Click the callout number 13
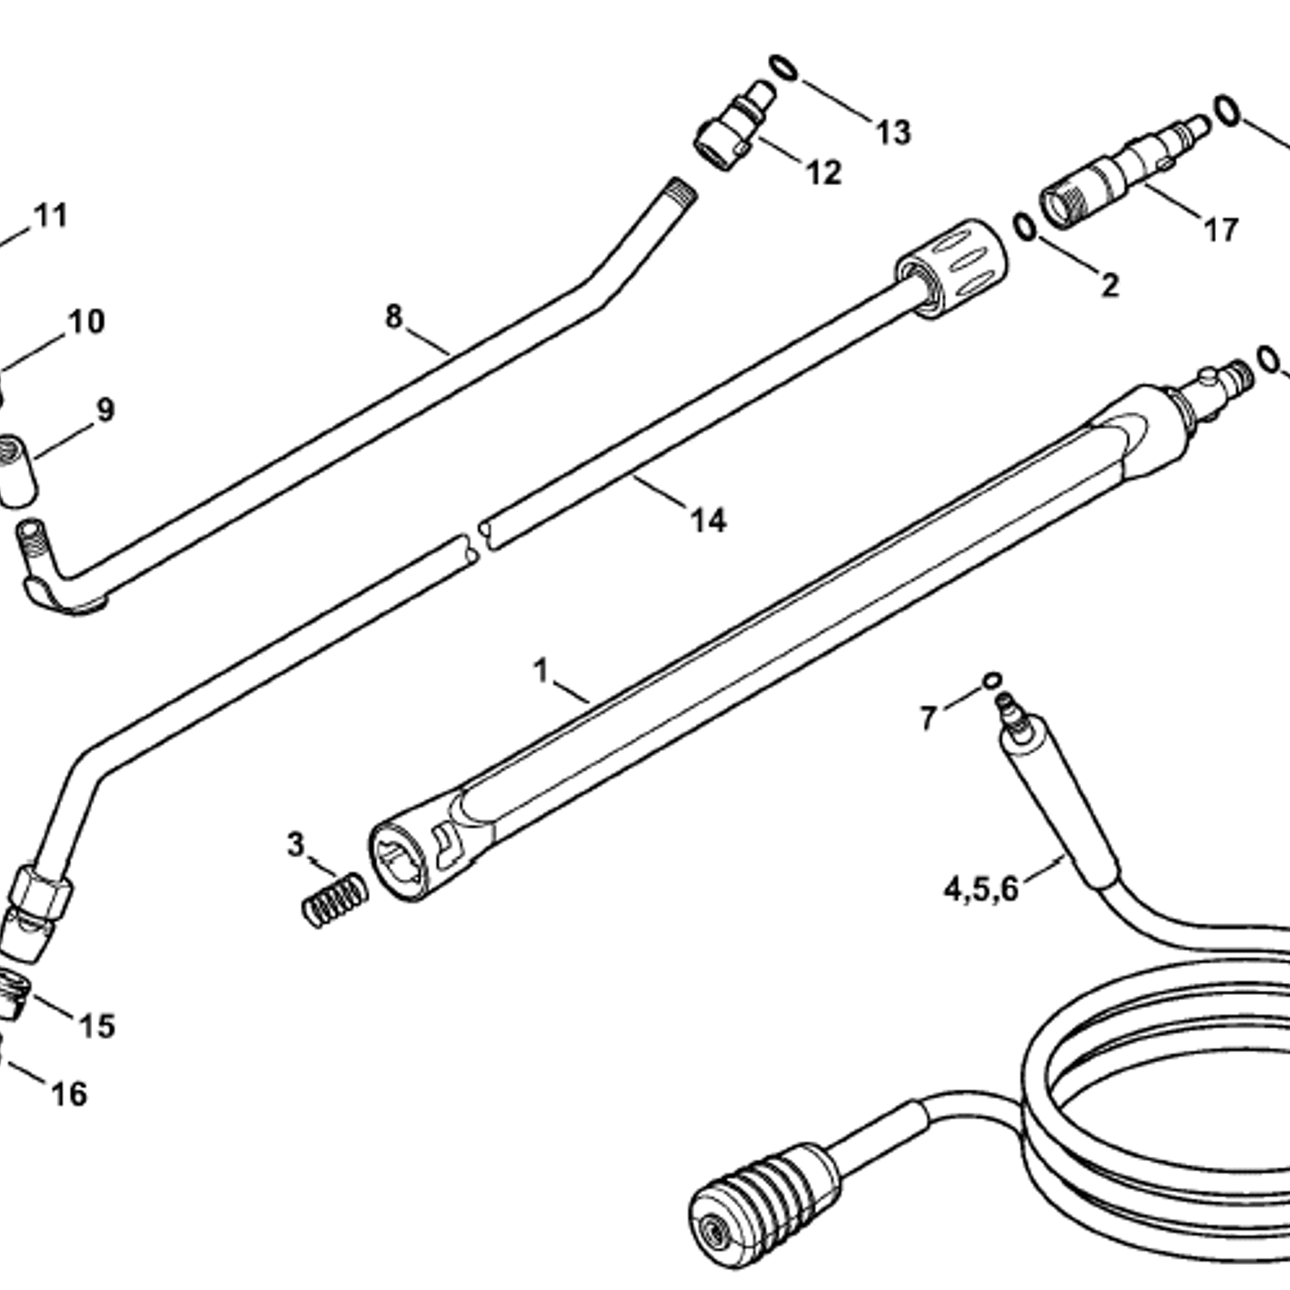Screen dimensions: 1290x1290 [894, 132]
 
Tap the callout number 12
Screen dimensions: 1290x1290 [823, 173]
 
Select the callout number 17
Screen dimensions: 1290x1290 [1220, 230]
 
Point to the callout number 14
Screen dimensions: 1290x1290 [709, 520]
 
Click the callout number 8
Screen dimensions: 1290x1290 [394, 316]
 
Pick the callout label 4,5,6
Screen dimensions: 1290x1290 [981, 888]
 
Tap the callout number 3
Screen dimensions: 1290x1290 [296, 845]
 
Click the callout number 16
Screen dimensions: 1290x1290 [70, 1094]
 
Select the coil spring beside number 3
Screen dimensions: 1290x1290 [335, 900]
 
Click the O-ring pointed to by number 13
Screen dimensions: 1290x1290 [783, 67]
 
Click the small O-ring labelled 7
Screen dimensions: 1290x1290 [992, 679]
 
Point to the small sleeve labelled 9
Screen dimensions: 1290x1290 [17, 470]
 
